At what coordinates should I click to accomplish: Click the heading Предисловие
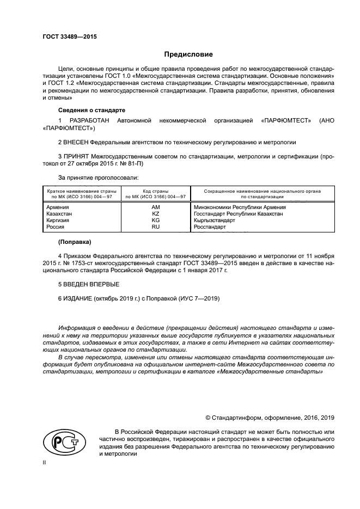pyautogui.click(x=188, y=54)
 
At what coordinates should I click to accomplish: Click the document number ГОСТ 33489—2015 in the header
pyautogui.click(x=65, y=38)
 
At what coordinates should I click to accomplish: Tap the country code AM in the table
pyautogui.click(x=155, y=207)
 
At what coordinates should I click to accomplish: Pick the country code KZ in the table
pyautogui.click(x=155, y=214)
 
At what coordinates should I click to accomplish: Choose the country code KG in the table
pyautogui.click(x=155, y=220)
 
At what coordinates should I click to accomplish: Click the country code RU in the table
pyautogui.click(x=155, y=227)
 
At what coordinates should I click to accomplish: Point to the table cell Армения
pyautogui.click(x=58, y=207)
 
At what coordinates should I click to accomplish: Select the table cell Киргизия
pyautogui.click(x=58, y=220)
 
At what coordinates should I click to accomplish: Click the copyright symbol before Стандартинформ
pyautogui.click(x=209, y=418)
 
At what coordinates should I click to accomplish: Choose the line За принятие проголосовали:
pyautogui.click(x=98, y=177)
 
